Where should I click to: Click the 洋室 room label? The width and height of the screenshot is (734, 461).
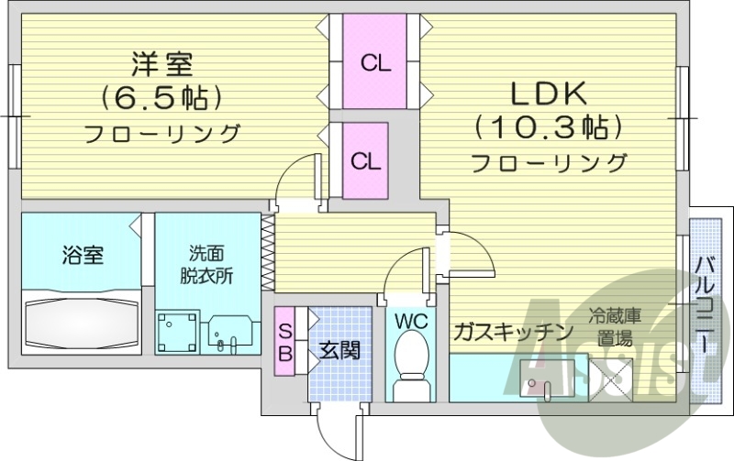[162, 64]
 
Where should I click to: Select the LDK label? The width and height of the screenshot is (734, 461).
[549, 93]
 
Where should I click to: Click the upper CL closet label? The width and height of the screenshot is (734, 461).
[374, 63]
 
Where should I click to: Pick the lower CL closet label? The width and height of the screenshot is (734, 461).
[366, 161]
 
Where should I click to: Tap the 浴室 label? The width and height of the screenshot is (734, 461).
[83, 255]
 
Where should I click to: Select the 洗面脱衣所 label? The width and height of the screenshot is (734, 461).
[206, 264]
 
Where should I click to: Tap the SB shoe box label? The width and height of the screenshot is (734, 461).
[285, 340]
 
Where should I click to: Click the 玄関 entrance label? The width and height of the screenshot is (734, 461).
[339, 349]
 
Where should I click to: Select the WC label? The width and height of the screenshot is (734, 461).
[409, 321]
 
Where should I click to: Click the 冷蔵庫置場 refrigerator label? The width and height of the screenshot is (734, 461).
[615, 326]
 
